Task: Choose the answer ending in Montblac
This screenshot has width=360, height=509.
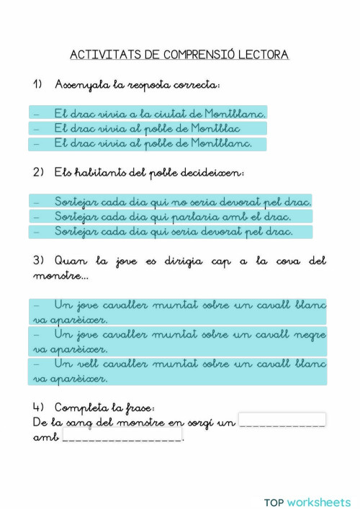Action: (147, 128)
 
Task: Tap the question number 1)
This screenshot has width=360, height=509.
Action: (39, 85)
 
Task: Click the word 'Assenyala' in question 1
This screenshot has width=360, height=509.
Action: (81, 85)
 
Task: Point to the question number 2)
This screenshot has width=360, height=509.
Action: (39, 173)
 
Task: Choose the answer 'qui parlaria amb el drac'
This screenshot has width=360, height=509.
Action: (173, 216)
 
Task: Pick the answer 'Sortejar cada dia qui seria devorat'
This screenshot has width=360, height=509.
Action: (174, 231)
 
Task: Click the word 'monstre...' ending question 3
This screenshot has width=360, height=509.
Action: (60, 276)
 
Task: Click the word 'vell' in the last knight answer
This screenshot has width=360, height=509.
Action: (85, 364)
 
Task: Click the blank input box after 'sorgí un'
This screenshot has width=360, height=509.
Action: (282, 420)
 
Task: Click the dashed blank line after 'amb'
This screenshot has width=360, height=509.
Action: (122, 437)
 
